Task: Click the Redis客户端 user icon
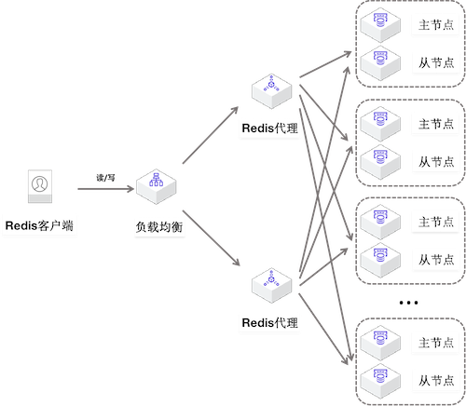point(40,186)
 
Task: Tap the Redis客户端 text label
point(39,225)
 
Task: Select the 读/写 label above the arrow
point(105,178)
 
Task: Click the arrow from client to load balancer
point(105,189)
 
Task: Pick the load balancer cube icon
point(157,186)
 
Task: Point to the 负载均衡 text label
point(159,227)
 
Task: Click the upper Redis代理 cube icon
point(272,91)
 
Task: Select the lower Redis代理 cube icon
point(272,285)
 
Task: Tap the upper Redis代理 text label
point(269,129)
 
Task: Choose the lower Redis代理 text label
point(269,323)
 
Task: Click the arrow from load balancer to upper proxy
point(211,135)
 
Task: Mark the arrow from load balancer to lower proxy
point(212,238)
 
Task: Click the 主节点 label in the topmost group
point(436,25)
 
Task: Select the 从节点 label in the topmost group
point(436,62)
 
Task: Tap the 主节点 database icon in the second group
point(380,124)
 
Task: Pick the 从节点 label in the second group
point(436,162)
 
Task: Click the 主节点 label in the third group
point(436,222)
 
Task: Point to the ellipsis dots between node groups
point(408,303)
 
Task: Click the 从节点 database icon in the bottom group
point(380,381)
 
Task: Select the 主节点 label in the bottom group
point(436,343)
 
